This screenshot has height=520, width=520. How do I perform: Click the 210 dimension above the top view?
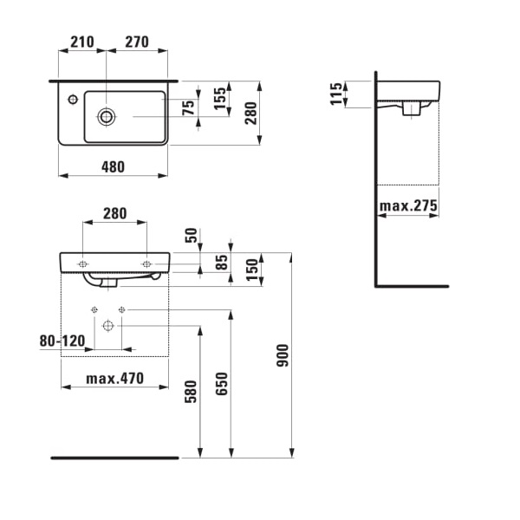[x=81, y=41]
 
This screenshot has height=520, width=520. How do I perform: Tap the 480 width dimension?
[x=112, y=166]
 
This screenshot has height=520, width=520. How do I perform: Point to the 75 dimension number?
[x=188, y=107]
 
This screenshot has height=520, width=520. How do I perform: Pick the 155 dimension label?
[x=220, y=96]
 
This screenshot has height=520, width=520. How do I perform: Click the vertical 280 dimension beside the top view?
[x=250, y=113]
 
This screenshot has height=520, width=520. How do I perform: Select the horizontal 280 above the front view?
[x=114, y=213]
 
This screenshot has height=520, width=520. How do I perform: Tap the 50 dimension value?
[x=191, y=235]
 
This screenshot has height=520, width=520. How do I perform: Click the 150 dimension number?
[x=250, y=270]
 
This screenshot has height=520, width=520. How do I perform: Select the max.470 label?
[x=115, y=379]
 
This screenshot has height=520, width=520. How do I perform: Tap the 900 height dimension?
[x=283, y=354]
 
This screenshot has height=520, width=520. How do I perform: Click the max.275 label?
[x=408, y=206]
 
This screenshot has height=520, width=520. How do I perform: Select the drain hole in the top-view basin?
[x=107, y=116]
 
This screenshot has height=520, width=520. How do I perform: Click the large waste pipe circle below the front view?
[x=107, y=326]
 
